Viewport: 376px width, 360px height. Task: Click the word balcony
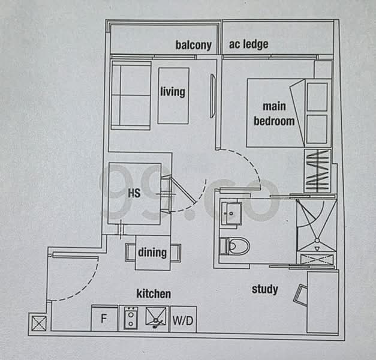193,45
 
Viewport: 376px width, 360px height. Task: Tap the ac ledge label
248,44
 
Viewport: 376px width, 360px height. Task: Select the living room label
173,92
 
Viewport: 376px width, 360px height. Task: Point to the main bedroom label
274,113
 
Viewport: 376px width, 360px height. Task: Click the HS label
134,193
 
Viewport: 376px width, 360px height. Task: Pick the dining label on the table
152,252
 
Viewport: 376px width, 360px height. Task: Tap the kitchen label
154,294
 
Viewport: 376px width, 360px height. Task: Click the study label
264,290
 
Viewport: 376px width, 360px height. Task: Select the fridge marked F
104,319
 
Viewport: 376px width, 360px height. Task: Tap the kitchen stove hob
130,319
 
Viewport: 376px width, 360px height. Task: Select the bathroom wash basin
231,213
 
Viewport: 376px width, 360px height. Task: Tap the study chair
300,294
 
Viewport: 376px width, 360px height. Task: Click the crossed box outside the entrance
38,323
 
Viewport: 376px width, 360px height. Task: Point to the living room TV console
213,96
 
